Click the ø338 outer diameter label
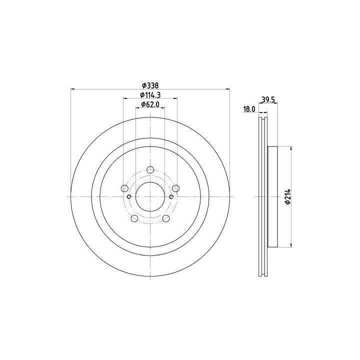click(x=150, y=85)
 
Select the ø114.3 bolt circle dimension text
click(x=150, y=95)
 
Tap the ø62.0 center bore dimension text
click(x=150, y=104)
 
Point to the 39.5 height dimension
click(x=268, y=99)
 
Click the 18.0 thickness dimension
click(x=249, y=109)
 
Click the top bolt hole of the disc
click(x=150, y=170)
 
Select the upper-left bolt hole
click(x=124, y=188)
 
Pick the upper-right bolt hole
click(x=176, y=188)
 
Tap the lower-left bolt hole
click(x=134, y=218)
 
